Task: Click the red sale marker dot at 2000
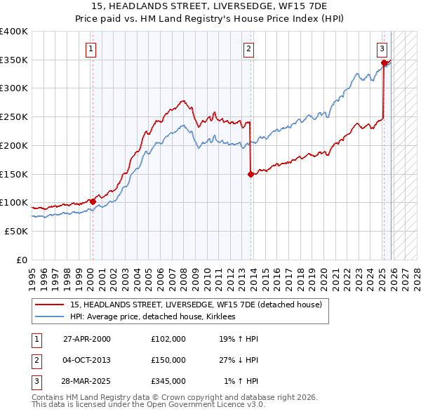point(93,201)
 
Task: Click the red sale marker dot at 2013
point(250,175)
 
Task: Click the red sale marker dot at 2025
point(384,63)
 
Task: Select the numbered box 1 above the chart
point(92,48)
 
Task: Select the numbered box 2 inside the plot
point(248,48)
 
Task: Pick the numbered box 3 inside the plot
point(382,48)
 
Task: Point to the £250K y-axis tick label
point(13,116)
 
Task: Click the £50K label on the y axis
point(16,231)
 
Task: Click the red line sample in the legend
point(50,305)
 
